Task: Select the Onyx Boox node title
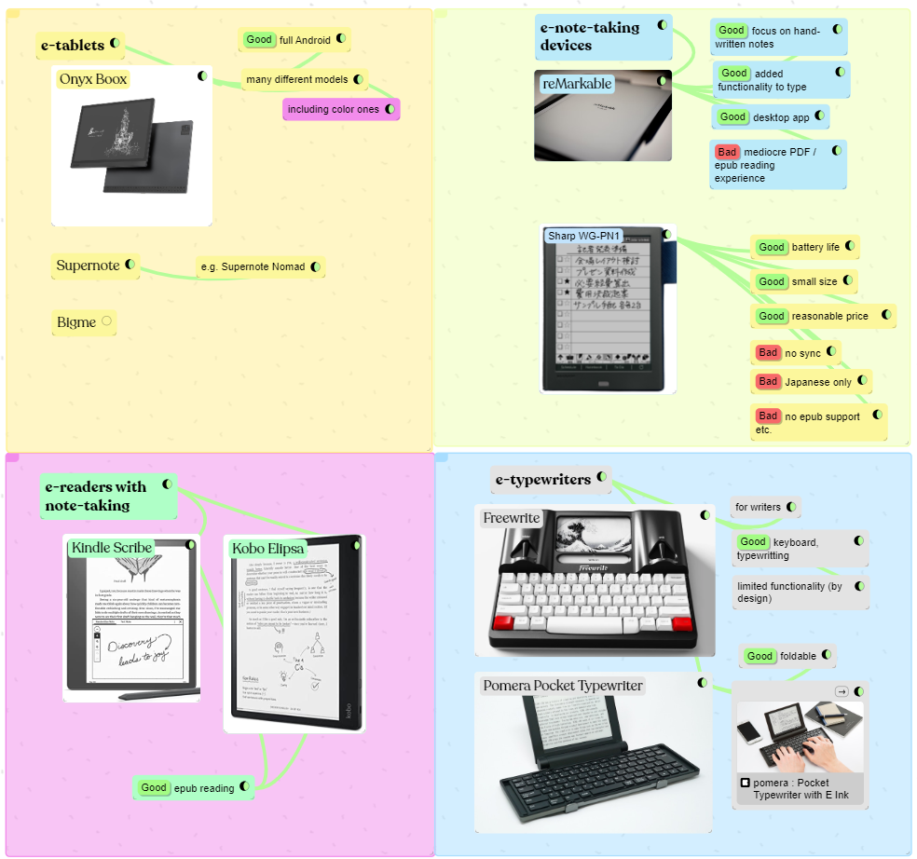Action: tap(92, 79)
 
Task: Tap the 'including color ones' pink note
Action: tap(333, 110)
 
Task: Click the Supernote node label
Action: tap(88, 266)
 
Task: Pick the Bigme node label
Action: tap(76, 322)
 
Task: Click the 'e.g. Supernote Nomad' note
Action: tap(253, 267)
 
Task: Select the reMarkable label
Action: tap(577, 84)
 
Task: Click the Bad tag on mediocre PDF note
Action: tap(727, 152)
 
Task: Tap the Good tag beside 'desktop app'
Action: tap(732, 116)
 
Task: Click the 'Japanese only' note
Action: tap(817, 382)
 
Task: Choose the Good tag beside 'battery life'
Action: tap(771, 247)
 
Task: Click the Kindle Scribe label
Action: tap(112, 548)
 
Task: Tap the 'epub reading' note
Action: tap(202, 788)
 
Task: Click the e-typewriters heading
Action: tap(543, 480)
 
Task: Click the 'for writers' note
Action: tap(758, 508)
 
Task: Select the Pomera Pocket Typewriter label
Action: tap(563, 686)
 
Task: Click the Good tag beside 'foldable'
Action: tap(760, 656)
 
